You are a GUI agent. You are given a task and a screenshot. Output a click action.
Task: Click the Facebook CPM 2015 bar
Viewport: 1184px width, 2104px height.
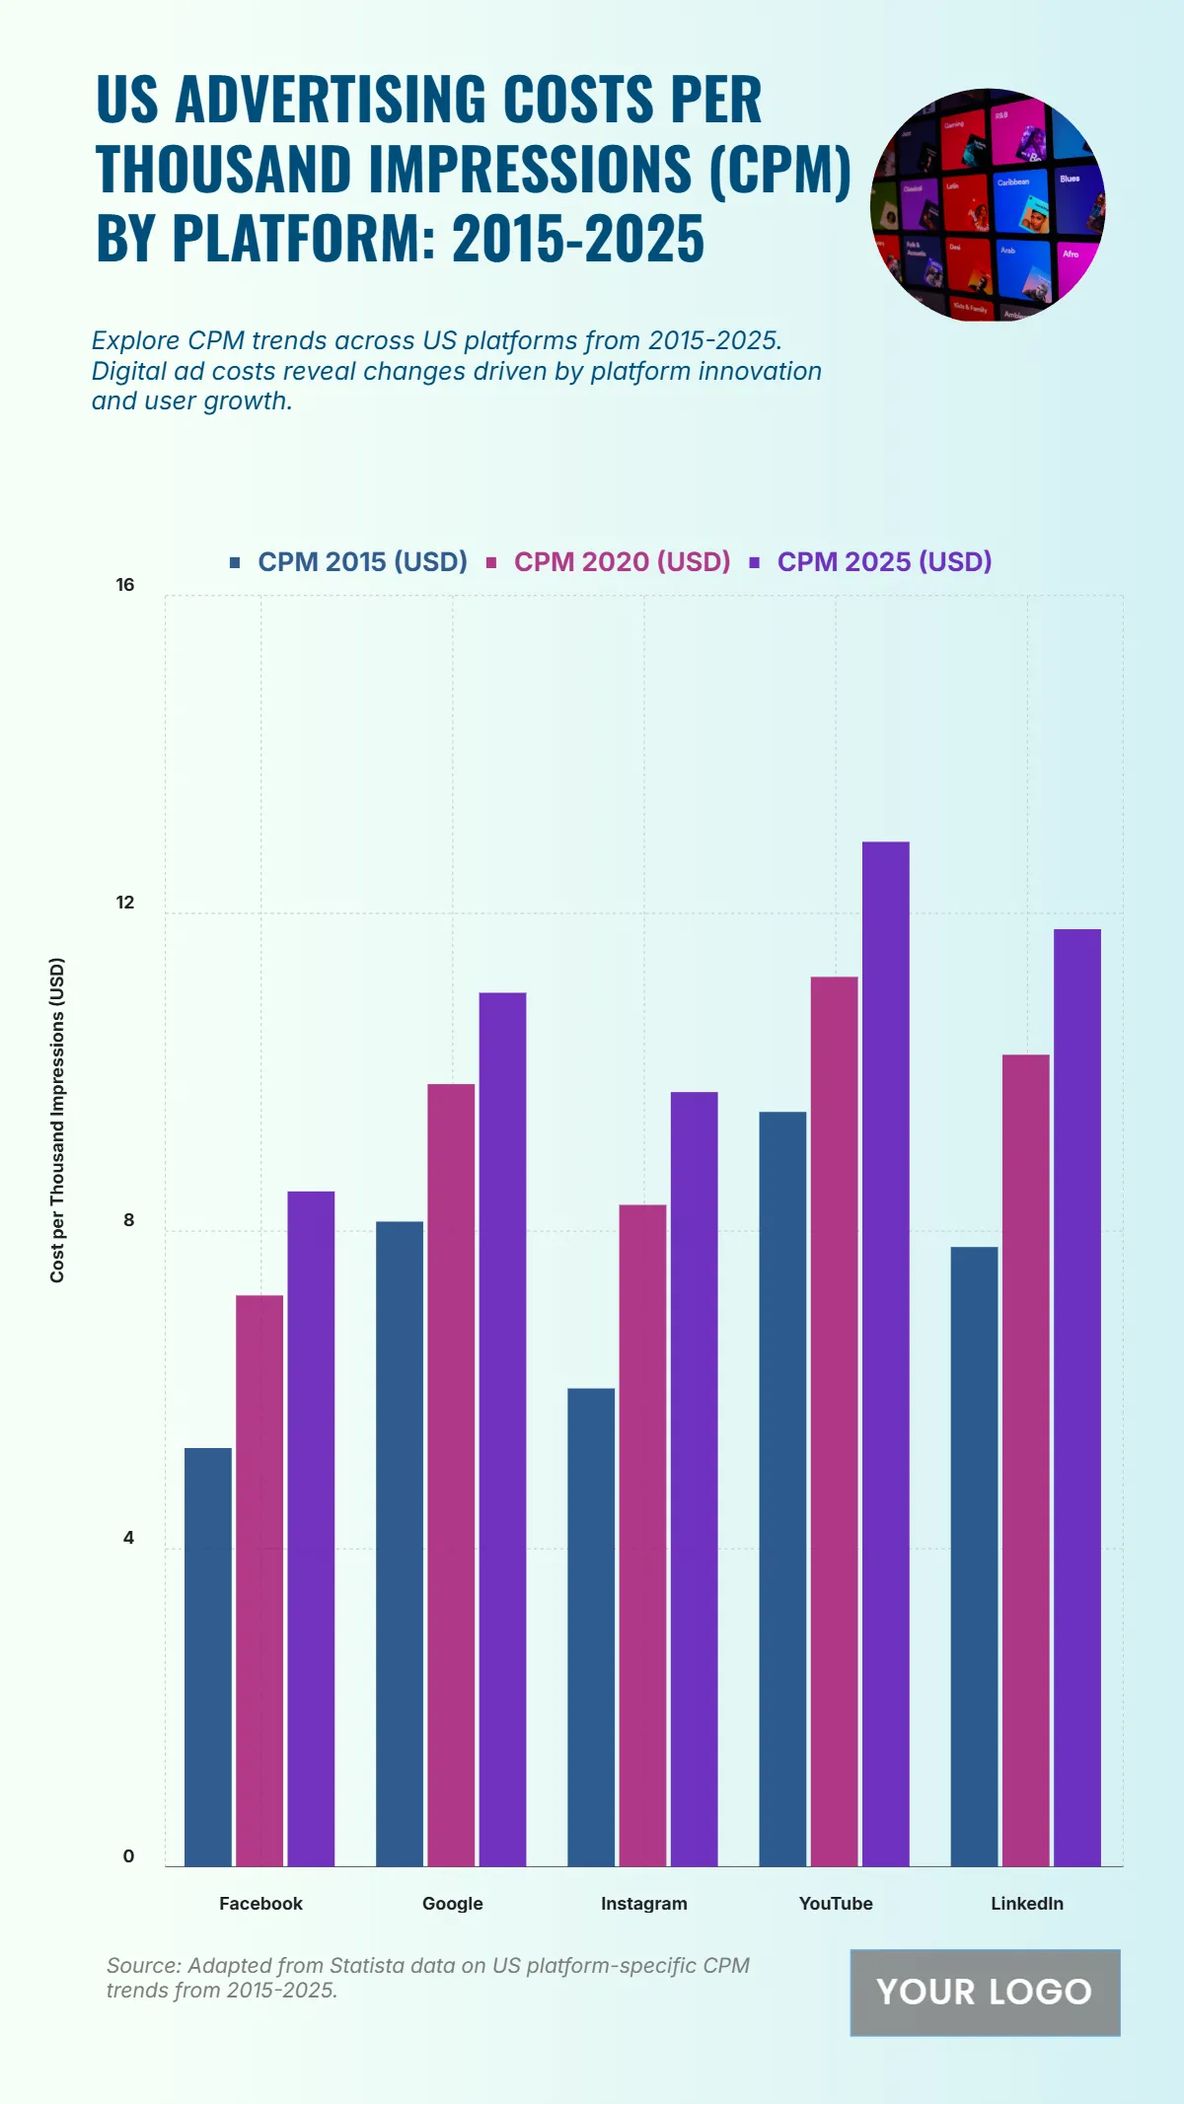[208, 1656]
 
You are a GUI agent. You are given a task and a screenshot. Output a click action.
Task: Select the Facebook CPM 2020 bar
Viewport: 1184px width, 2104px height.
[259, 1579]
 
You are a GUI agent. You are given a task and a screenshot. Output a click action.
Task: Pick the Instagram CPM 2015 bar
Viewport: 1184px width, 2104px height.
[591, 1627]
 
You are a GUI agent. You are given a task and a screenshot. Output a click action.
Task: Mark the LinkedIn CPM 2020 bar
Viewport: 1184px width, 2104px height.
[1025, 1460]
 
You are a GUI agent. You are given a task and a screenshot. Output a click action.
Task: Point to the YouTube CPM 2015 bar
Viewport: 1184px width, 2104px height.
[782, 1488]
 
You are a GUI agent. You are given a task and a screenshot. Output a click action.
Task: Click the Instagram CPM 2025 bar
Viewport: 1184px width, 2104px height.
[694, 1479]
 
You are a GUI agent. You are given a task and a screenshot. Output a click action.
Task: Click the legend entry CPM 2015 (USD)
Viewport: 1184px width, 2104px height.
[361, 561]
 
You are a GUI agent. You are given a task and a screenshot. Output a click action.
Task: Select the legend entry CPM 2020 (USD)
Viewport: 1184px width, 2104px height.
[622, 561]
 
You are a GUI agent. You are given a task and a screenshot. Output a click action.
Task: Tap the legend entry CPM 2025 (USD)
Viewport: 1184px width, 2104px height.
[884, 561]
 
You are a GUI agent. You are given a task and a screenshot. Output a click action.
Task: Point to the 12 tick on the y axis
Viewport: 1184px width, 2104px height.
[125, 903]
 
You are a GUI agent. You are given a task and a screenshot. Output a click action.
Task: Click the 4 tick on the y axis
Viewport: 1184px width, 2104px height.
[128, 1538]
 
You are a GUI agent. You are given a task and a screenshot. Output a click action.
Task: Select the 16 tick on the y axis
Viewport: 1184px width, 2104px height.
[125, 585]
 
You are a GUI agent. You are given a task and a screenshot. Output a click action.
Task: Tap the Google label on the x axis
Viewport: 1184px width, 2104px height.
[453, 1903]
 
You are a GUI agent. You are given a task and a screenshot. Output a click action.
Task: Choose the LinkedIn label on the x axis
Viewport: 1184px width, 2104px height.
[1027, 1903]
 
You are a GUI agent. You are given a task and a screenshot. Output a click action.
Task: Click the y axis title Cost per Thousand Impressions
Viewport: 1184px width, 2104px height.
[57, 1120]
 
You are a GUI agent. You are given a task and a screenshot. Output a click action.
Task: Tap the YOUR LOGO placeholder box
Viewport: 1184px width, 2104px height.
[985, 1992]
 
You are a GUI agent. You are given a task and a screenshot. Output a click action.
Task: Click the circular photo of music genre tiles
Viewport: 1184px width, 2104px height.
[988, 205]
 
